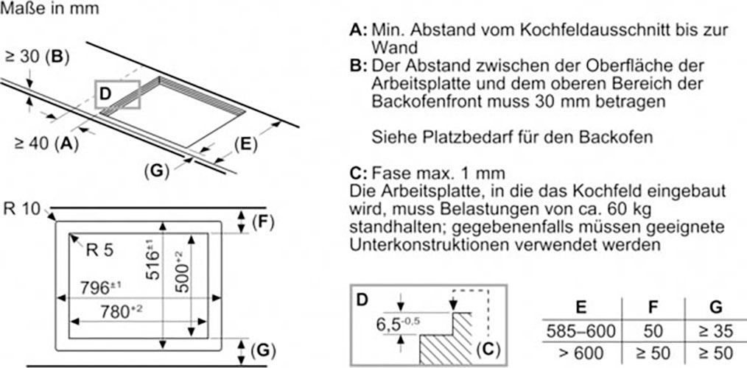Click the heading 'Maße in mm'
tap(50, 8)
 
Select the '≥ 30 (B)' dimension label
tap(38, 57)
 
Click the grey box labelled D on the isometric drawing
tap(118, 94)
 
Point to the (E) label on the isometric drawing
tap(245, 144)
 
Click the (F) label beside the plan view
tap(263, 222)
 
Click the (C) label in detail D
tap(488, 350)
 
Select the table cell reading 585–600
tap(581, 331)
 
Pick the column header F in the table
tap(653, 308)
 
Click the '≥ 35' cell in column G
tap(715, 331)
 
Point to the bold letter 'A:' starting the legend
tap(358, 30)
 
